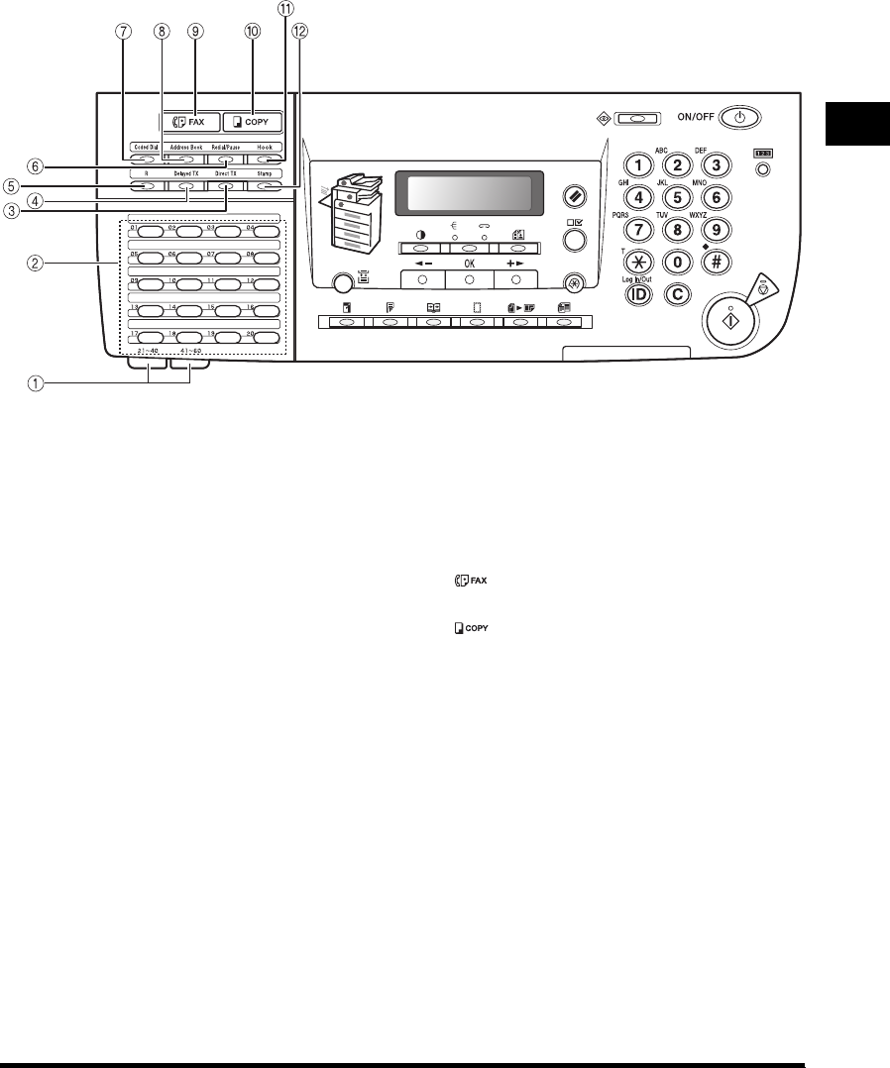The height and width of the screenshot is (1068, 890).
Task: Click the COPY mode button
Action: click(253, 122)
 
